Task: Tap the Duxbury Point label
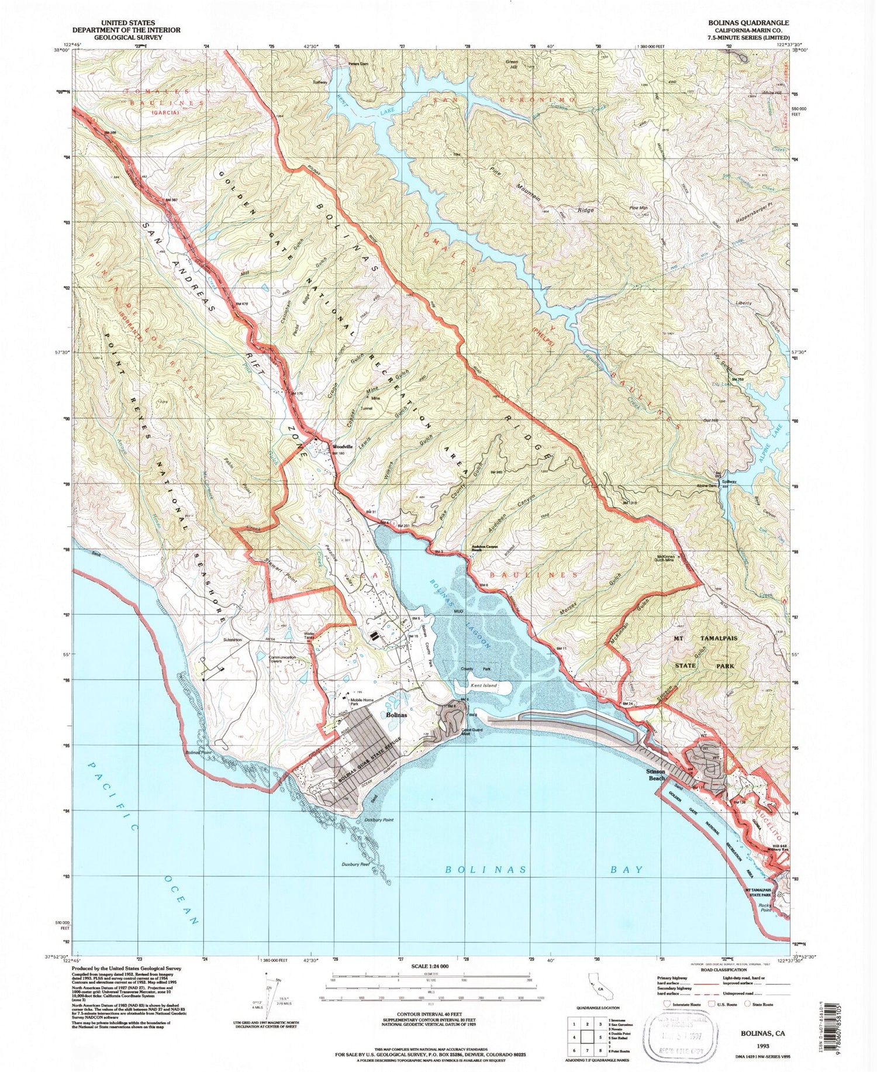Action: [x=378, y=820]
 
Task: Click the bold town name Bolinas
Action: [x=398, y=715]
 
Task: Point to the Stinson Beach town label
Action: [x=654, y=774]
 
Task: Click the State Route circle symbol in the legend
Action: [x=748, y=1004]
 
